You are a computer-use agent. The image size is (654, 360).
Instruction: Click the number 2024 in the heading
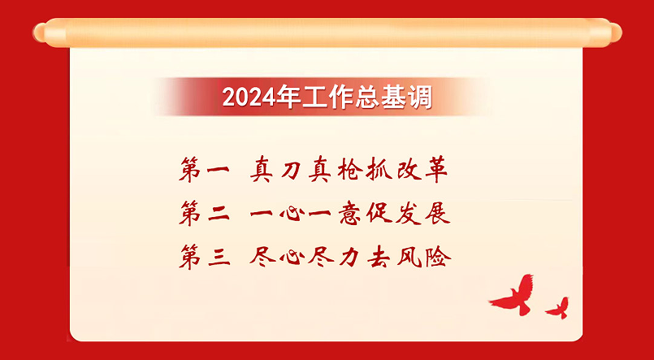click(249, 98)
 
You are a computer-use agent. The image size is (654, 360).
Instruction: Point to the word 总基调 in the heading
click(394, 98)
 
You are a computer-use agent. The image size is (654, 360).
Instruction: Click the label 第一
click(205, 170)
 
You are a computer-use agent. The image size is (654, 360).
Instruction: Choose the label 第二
click(205, 213)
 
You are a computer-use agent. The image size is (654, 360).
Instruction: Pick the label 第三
click(205, 257)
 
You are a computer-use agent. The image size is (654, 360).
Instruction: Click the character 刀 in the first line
click(291, 170)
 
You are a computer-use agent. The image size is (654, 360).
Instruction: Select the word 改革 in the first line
click(422, 170)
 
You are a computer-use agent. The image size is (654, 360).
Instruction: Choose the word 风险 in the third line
click(424, 257)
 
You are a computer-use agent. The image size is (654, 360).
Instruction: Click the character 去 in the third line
click(379, 257)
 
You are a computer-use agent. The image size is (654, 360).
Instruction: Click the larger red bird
click(513, 295)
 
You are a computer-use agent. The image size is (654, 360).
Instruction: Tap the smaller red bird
click(557, 309)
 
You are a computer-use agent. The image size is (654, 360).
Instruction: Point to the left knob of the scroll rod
click(41, 33)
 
